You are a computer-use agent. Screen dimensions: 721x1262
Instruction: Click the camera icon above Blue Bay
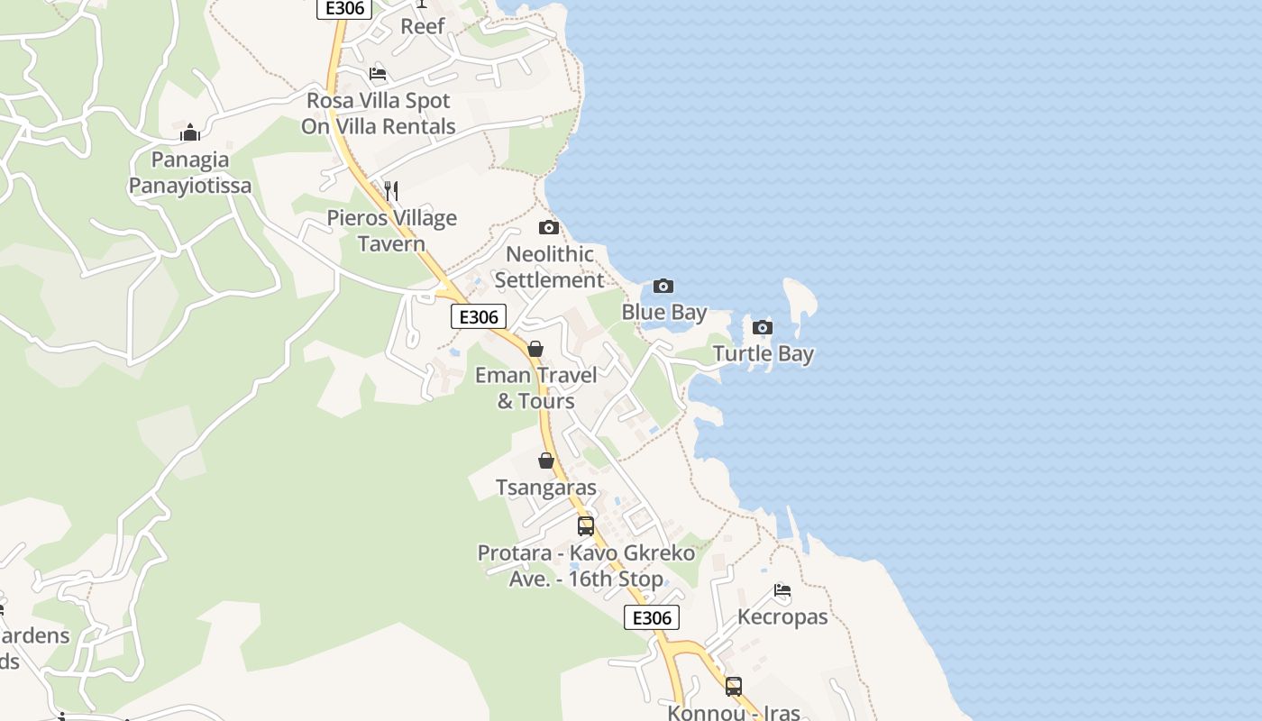(663, 287)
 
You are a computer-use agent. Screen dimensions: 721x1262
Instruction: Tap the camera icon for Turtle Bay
(763, 327)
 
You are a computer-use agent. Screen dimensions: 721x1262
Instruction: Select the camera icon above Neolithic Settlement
(549, 228)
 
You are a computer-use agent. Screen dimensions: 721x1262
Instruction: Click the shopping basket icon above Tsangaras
(546, 461)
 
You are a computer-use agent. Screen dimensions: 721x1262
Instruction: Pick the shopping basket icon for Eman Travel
(535, 349)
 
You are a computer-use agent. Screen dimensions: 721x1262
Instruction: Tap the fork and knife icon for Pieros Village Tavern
(391, 191)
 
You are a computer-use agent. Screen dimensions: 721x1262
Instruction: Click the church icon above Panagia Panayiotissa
(190, 133)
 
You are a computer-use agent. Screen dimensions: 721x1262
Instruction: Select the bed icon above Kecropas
(782, 591)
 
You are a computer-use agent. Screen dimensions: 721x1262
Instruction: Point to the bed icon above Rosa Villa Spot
(378, 74)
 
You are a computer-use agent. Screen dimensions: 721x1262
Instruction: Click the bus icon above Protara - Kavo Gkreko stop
(586, 526)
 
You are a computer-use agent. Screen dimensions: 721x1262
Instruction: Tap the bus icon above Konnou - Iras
(734, 687)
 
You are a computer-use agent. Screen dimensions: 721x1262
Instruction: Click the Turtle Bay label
(764, 354)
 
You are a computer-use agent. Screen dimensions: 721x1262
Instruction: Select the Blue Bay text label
(664, 313)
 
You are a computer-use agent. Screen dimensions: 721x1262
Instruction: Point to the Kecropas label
(782, 617)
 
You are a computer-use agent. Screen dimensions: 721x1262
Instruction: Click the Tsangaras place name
(546, 488)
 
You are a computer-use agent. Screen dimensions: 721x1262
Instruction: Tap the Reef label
(423, 26)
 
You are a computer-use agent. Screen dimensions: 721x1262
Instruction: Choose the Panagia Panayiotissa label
(190, 173)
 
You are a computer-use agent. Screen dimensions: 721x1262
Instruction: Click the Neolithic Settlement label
(549, 267)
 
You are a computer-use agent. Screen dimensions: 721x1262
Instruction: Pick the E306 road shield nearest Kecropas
(652, 618)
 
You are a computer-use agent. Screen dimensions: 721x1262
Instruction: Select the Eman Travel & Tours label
(536, 388)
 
